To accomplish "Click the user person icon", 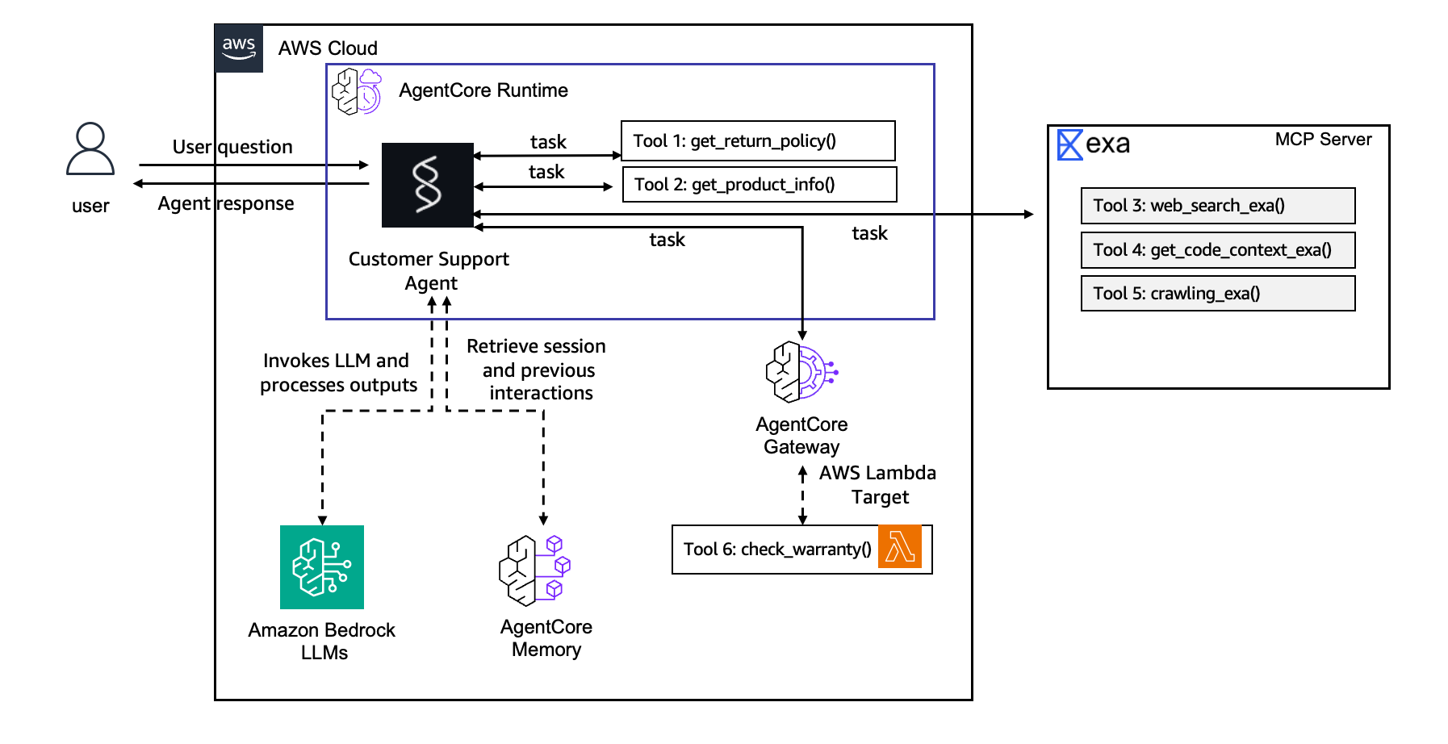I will click(90, 149).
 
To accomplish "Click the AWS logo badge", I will click(239, 48).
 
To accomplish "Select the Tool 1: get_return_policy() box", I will click(758, 141).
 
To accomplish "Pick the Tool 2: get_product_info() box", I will click(760, 185).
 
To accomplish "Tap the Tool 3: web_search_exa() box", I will click(1217, 206).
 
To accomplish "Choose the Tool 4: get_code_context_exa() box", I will click(1217, 250).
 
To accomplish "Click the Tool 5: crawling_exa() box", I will click(1217, 294).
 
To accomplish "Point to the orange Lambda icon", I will click(900, 548).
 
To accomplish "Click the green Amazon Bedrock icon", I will click(322, 567).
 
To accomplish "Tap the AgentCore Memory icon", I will click(534, 571).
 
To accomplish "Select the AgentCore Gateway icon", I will click(801, 372).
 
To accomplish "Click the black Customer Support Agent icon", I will click(428, 185).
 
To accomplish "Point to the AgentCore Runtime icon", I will click(357, 91).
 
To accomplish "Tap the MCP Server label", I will click(1323, 140).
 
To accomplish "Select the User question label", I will click(232, 147).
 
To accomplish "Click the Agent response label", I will click(226, 203).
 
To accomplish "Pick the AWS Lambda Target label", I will click(878, 485).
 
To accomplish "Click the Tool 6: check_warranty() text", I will click(777, 550).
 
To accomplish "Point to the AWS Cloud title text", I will click(328, 48).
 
